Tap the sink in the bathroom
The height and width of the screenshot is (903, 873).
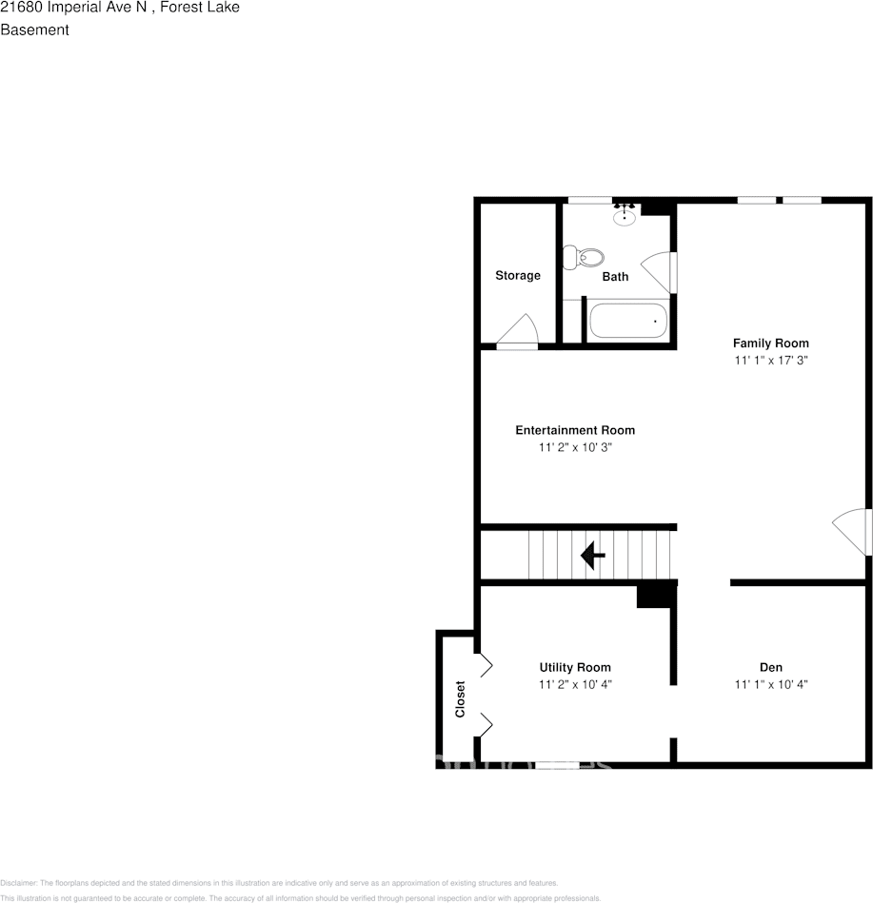tap(625, 216)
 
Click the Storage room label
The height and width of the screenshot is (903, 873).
tap(517, 276)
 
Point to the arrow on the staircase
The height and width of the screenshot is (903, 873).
tap(593, 554)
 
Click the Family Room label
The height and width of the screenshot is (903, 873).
tap(770, 344)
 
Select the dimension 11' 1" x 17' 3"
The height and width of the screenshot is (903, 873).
tap(770, 362)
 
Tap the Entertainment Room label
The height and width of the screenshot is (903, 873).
tap(575, 430)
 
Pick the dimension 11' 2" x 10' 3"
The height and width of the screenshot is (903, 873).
tap(575, 447)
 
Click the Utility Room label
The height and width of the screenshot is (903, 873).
tap(575, 667)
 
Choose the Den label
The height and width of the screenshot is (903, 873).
tap(771, 667)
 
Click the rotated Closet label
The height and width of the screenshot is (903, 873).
tap(461, 698)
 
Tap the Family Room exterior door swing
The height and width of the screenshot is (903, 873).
tap(854, 531)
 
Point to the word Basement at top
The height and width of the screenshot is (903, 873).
tap(34, 29)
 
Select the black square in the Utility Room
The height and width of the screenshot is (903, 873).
tap(655, 595)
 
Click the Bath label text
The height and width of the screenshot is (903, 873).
tap(615, 277)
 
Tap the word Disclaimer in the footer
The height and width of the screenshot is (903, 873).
tap(18, 883)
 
